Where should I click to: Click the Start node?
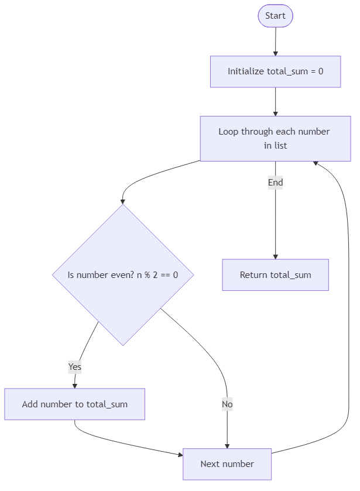(x=275, y=16)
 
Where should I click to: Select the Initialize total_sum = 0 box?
(x=275, y=71)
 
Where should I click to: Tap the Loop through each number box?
(x=275, y=138)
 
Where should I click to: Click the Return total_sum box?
(x=275, y=274)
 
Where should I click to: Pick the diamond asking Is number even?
(x=123, y=274)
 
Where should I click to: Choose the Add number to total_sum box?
(x=74, y=404)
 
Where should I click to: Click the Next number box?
(x=227, y=463)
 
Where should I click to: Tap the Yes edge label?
(x=75, y=367)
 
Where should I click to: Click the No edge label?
(x=227, y=404)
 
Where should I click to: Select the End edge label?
(x=275, y=183)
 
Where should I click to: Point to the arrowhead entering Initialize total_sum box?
(x=275, y=53)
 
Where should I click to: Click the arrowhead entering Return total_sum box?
(x=275, y=256)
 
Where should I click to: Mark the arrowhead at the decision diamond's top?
(x=123, y=201)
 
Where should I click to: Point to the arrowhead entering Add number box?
(x=74, y=385)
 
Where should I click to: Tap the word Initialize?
(x=245, y=71)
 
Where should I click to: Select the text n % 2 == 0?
(x=157, y=274)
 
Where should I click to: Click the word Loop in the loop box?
(x=229, y=131)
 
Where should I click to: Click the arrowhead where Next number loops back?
(x=316, y=163)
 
